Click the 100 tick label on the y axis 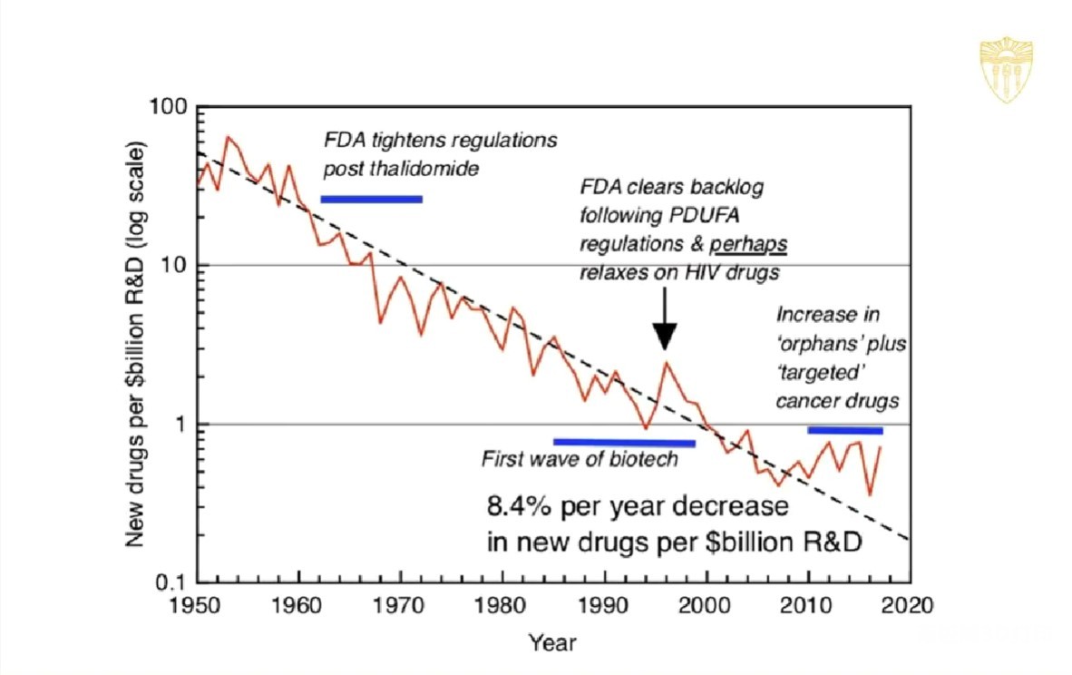pos(169,106)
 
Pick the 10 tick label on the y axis pos(174,265)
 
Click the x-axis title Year pos(552,642)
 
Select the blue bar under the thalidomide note pos(371,199)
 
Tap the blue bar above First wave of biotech pos(624,443)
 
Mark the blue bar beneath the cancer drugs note pos(844,430)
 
